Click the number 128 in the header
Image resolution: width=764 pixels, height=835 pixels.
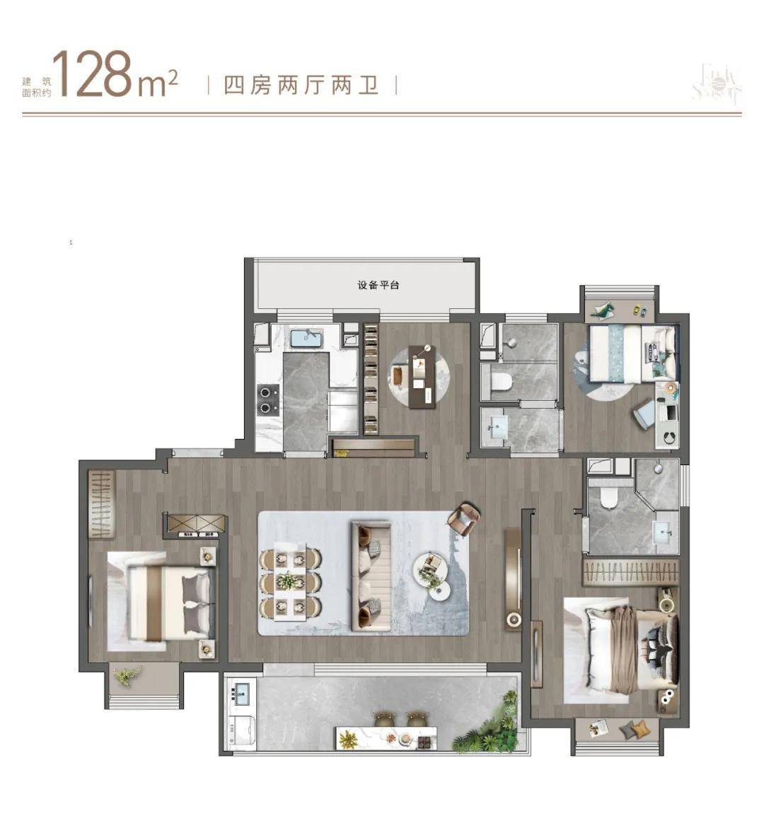point(93,74)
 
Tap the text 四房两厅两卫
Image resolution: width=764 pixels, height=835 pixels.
point(301,86)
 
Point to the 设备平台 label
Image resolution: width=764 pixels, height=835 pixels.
point(378,286)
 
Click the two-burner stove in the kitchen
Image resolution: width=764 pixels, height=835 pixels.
point(267,398)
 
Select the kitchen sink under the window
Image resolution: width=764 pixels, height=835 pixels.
point(306,338)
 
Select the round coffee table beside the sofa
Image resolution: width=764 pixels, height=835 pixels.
point(431,566)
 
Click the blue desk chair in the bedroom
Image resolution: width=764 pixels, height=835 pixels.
point(644,414)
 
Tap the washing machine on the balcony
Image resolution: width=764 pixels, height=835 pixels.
point(238,732)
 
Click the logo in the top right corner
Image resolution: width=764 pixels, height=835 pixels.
point(717,84)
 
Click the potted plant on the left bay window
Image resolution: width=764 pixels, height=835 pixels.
point(125,677)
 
